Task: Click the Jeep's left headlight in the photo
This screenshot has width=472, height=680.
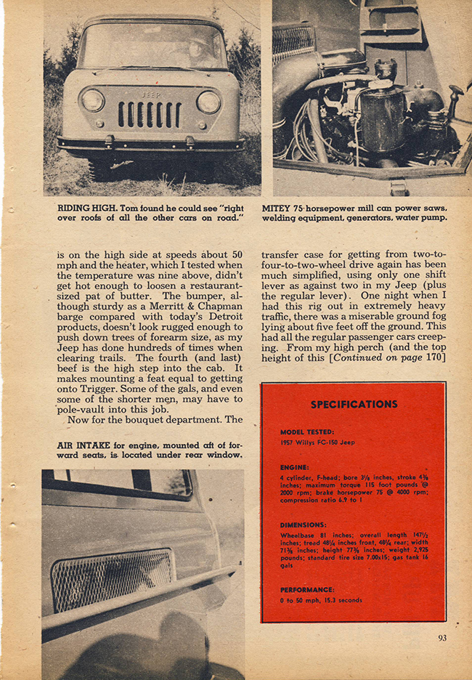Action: (x=92, y=100)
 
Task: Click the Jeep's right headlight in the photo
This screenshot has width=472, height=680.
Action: (x=208, y=101)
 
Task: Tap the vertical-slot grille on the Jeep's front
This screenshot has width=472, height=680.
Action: (x=150, y=114)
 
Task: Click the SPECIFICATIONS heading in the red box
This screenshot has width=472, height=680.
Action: (x=354, y=404)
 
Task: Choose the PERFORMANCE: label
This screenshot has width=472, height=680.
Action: (x=307, y=589)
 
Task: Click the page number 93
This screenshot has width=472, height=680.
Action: (x=442, y=639)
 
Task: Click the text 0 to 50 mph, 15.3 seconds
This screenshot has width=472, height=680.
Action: (x=321, y=600)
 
